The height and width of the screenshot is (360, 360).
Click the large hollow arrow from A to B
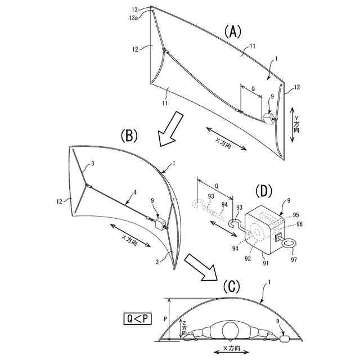[x=169, y=128]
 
